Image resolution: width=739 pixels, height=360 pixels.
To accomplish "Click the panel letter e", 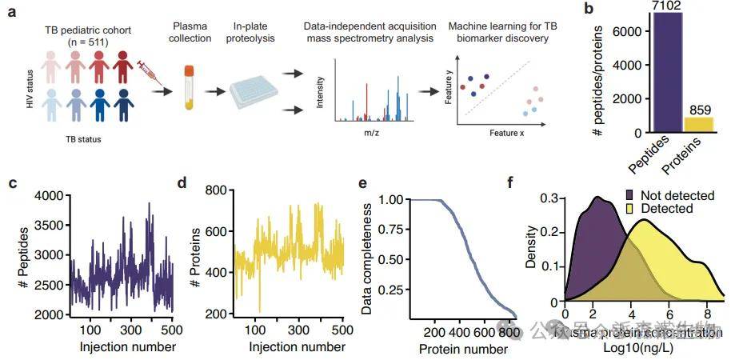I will coord(363,182).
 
